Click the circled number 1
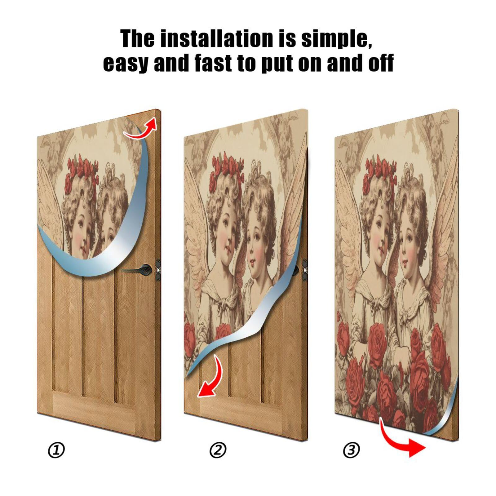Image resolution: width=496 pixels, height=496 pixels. tap(56, 450)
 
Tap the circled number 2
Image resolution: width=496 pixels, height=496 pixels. tap(218, 450)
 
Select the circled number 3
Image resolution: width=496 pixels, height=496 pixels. tap(351, 450)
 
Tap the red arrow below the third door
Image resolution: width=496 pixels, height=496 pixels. tap(403, 440)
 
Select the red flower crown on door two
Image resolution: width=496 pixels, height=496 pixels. tap(226, 169)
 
